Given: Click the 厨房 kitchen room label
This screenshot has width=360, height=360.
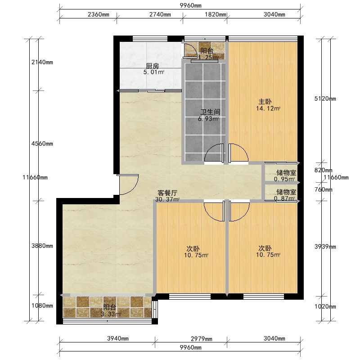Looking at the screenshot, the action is [x=153, y=66].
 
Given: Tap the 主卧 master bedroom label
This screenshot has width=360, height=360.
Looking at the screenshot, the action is [x=265, y=102].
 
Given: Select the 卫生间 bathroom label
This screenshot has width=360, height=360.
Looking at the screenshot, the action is [x=210, y=112].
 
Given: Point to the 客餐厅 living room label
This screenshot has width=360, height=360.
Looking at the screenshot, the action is [x=167, y=193].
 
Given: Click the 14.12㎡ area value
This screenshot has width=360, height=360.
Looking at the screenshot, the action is [x=268, y=108].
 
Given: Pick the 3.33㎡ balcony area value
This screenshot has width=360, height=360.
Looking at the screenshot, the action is [x=111, y=314].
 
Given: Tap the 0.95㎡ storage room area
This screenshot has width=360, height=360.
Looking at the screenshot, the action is [x=284, y=179].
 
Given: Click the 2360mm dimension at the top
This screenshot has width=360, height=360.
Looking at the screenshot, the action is [x=99, y=14].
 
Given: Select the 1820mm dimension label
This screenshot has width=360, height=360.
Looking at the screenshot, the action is [x=216, y=14].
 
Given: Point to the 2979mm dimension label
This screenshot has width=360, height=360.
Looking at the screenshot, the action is [x=202, y=339].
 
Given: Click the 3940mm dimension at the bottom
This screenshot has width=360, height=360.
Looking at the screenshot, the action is [x=118, y=338].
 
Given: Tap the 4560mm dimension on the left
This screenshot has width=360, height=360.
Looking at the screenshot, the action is [x=42, y=144].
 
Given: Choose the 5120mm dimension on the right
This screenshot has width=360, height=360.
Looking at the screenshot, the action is [x=325, y=99].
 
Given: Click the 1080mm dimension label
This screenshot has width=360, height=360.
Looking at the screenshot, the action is [x=42, y=306].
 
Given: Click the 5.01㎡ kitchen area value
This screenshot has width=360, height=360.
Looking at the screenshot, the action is [x=154, y=72].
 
